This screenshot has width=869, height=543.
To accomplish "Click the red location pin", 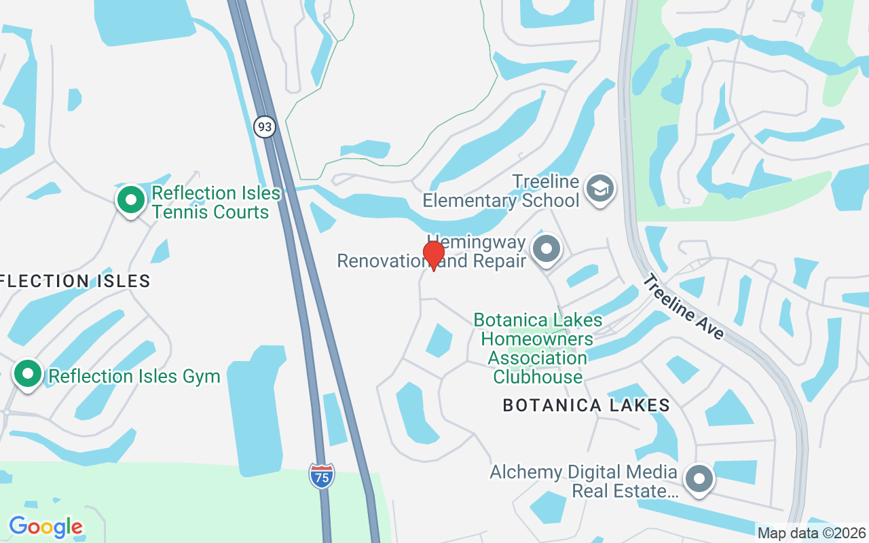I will click(x=433, y=256).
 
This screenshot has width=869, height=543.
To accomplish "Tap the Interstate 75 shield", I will click(x=322, y=476).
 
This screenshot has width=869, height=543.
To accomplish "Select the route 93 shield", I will click(x=265, y=126).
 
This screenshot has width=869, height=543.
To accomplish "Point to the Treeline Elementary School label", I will click(x=501, y=191).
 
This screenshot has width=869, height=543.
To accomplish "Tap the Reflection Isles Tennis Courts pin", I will click(x=131, y=201).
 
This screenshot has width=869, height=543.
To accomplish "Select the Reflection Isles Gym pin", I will click(x=28, y=375).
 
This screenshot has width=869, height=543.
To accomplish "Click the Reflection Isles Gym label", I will click(x=134, y=376).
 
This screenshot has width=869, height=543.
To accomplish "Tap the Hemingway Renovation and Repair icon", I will click(x=547, y=250).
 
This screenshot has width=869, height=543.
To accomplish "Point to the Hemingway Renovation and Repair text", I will click(x=432, y=252).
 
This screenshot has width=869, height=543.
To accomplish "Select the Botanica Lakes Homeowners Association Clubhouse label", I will click(x=538, y=348).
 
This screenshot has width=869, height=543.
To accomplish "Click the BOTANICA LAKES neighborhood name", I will click(x=587, y=406).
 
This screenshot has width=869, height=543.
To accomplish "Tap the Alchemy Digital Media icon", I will click(x=699, y=479).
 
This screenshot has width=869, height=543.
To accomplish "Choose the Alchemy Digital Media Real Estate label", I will click(x=584, y=481).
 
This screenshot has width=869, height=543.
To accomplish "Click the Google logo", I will click(x=45, y=527).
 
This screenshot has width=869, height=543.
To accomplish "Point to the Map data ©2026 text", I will click(x=812, y=533).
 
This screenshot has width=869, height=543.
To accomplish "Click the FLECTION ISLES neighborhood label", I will click(x=75, y=281).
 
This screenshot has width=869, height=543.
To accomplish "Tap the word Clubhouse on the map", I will click(x=538, y=377).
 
